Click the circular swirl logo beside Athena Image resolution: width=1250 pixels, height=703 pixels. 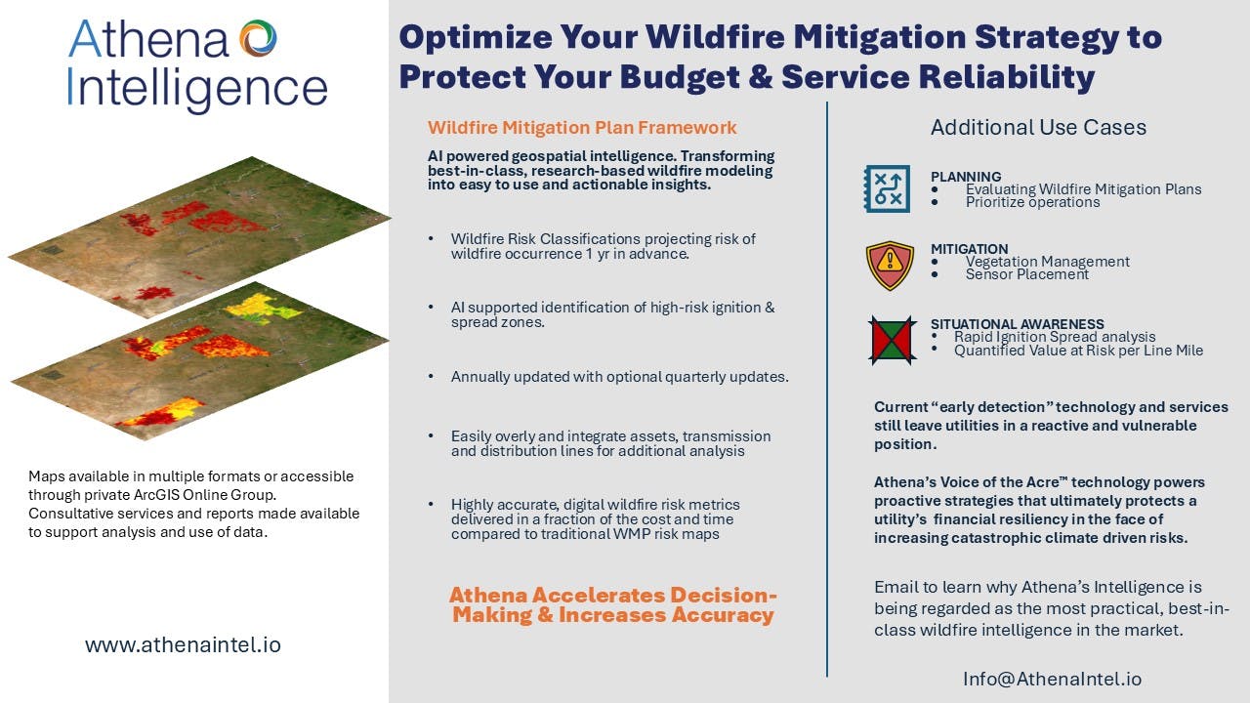point(258,38)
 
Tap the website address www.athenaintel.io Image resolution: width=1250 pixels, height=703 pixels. point(183,645)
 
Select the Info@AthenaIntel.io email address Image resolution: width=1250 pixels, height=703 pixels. point(1053,679)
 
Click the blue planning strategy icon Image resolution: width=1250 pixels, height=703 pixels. point(887,188)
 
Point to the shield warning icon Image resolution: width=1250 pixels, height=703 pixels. point(890,266)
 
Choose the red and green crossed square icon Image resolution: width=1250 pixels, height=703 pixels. point(893,341)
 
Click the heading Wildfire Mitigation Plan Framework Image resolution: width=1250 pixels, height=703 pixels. point(582,128)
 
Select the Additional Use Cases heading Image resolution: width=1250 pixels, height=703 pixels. point(1038,128)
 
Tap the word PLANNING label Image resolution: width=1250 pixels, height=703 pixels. point(966,177)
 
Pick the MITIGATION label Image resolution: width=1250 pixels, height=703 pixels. point(969,249)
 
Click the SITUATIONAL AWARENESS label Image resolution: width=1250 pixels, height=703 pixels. point(1017,324)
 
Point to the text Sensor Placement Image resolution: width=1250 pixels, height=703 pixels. point(1026,274)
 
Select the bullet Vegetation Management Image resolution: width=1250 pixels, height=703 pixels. point(1048,261)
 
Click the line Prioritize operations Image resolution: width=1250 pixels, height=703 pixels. point(1032,202)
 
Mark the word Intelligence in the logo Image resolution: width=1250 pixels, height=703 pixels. point(197,89)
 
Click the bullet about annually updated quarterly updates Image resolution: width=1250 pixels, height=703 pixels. point(619,377)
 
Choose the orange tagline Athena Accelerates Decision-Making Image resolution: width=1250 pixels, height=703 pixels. point(612,604)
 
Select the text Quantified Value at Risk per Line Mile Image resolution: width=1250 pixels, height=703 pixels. point(1078,351)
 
